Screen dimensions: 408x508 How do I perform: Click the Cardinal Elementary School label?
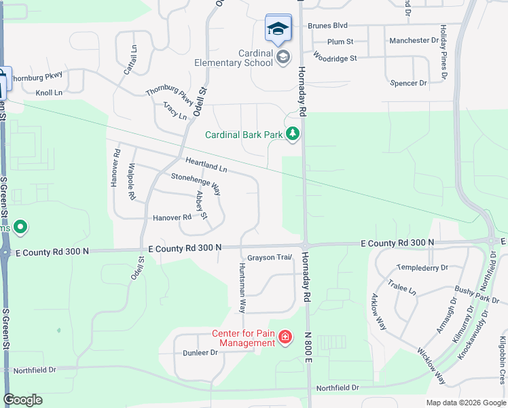(x=250, y=58)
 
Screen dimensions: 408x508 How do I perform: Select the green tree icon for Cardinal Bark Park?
(x=293, y=134)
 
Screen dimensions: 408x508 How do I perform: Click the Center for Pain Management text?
(x=243, y=338)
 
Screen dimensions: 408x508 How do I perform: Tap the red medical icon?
(x=285, y=337)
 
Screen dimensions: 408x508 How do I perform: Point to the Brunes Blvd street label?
(x=327, y=26)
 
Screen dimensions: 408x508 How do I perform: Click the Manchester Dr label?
(x=413, y=41)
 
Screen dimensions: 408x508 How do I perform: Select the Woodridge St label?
(x=335, y=58)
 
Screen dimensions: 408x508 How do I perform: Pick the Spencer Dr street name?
(x=408, y=83)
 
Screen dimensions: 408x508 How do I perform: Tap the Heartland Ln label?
(x=206, y=164)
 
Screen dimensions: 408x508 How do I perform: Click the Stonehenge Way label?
(x=196, y=184)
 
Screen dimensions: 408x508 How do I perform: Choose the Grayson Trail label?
(x=269, y=258)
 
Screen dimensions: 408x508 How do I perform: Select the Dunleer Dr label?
(x=200, y=353)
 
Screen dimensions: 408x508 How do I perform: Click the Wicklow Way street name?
(x=431, y=367)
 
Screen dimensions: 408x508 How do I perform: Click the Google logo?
(x=23, y=400)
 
